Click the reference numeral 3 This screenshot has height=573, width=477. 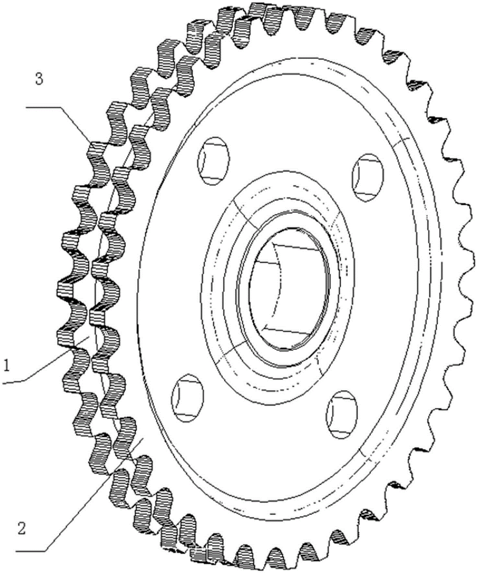coord(39,79)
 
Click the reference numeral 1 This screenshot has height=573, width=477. coord(7,366)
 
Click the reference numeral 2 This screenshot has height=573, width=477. coord(22,529)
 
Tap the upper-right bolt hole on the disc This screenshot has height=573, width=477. coord(367,178)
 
